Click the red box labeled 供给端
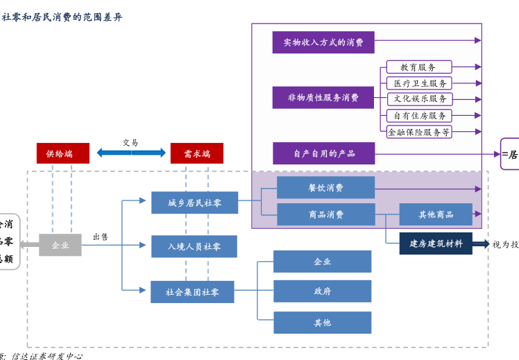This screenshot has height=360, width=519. coord(63,153)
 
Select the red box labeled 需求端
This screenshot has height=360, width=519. coord(197,153)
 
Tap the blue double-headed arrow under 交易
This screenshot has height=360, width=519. coord(131,153)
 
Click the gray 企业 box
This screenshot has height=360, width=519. coord(60,245)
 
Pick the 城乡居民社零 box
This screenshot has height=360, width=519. coord(194,203)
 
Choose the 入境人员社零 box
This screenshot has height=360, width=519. coord(194,246)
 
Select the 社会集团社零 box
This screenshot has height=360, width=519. coord(192,292)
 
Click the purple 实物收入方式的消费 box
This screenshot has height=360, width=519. coord(323,42)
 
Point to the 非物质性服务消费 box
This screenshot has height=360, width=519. coord(323,98)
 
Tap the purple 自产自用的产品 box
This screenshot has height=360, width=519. coord(324,153)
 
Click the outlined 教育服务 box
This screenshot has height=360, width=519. coord(419,67)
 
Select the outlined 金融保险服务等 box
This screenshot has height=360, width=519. coord(419,131)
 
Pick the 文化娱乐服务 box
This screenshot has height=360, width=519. coord(419,99)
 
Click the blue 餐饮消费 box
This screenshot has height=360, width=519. coord(325,187)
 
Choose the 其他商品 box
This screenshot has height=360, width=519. coord(436,214)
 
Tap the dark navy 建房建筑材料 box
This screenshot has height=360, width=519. coord(436,243)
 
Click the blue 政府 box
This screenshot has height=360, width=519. coord(322,291)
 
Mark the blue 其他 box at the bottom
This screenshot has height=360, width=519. coord(322,323)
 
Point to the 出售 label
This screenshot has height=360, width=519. coord(101,237)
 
